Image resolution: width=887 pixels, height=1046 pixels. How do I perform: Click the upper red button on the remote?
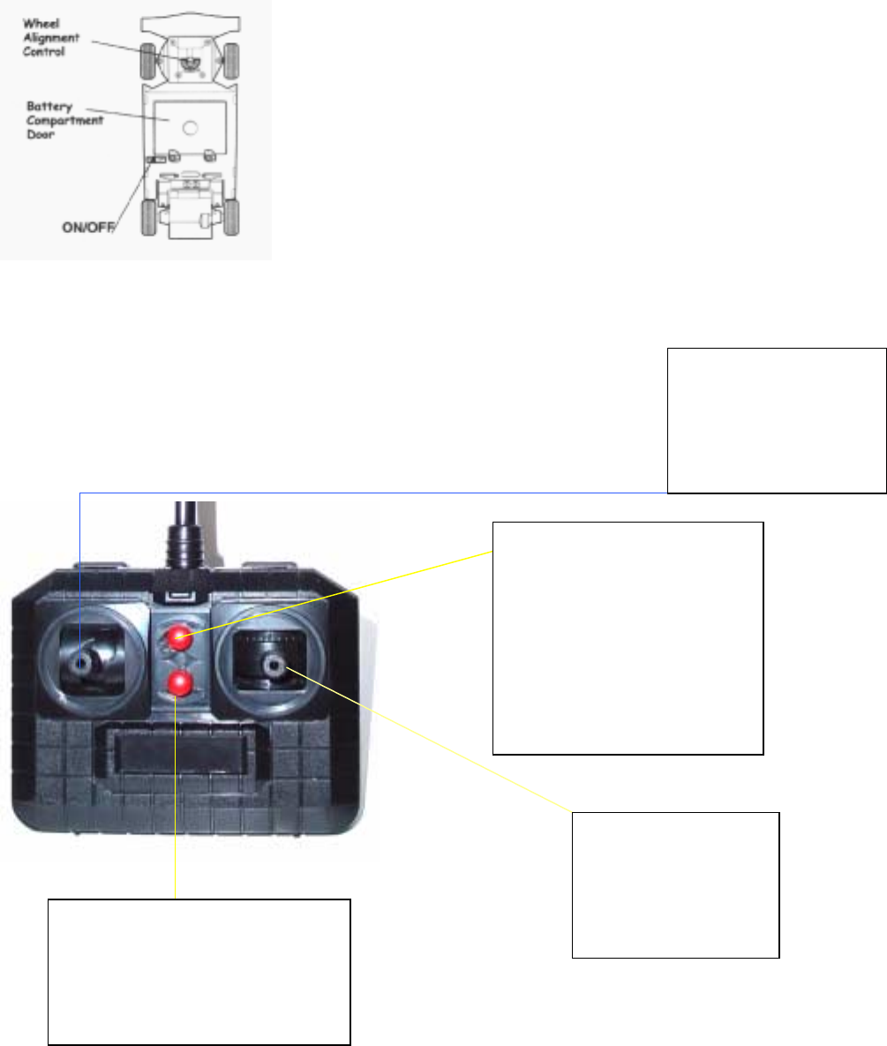click(x=182, y=636)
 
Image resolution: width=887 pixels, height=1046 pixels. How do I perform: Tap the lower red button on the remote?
click(x=181, y=681)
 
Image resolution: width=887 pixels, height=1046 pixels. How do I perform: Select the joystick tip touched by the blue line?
click(x=81, y=662)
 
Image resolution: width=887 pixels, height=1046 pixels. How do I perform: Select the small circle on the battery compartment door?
click(x=190, y=126)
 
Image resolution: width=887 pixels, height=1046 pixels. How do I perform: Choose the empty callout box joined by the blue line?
click(x=777, y=419)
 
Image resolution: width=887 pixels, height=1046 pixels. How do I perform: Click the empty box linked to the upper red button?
click(x=627, y=637)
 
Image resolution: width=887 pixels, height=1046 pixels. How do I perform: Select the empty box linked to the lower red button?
click(x=199, y=971)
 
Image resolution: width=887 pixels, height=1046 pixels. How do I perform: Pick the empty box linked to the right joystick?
click(x=675, y=884)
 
